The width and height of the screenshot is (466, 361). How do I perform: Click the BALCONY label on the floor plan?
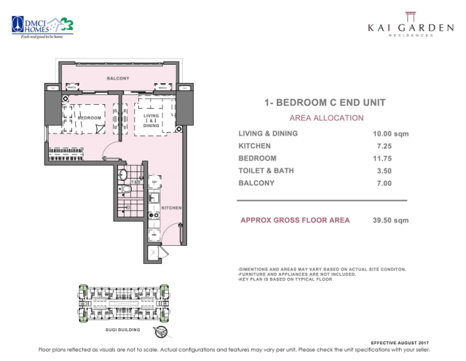(118, 78)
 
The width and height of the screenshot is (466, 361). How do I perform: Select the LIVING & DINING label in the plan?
(151, 120)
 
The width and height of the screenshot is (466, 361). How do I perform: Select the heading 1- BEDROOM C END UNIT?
(325, 103)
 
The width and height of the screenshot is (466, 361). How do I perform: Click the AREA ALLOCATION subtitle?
(326, 117)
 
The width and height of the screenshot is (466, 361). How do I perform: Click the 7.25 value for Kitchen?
(382, 146)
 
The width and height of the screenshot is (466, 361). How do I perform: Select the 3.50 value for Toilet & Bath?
(382, 171)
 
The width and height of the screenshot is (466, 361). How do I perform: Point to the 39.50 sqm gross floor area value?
(390, 220)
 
